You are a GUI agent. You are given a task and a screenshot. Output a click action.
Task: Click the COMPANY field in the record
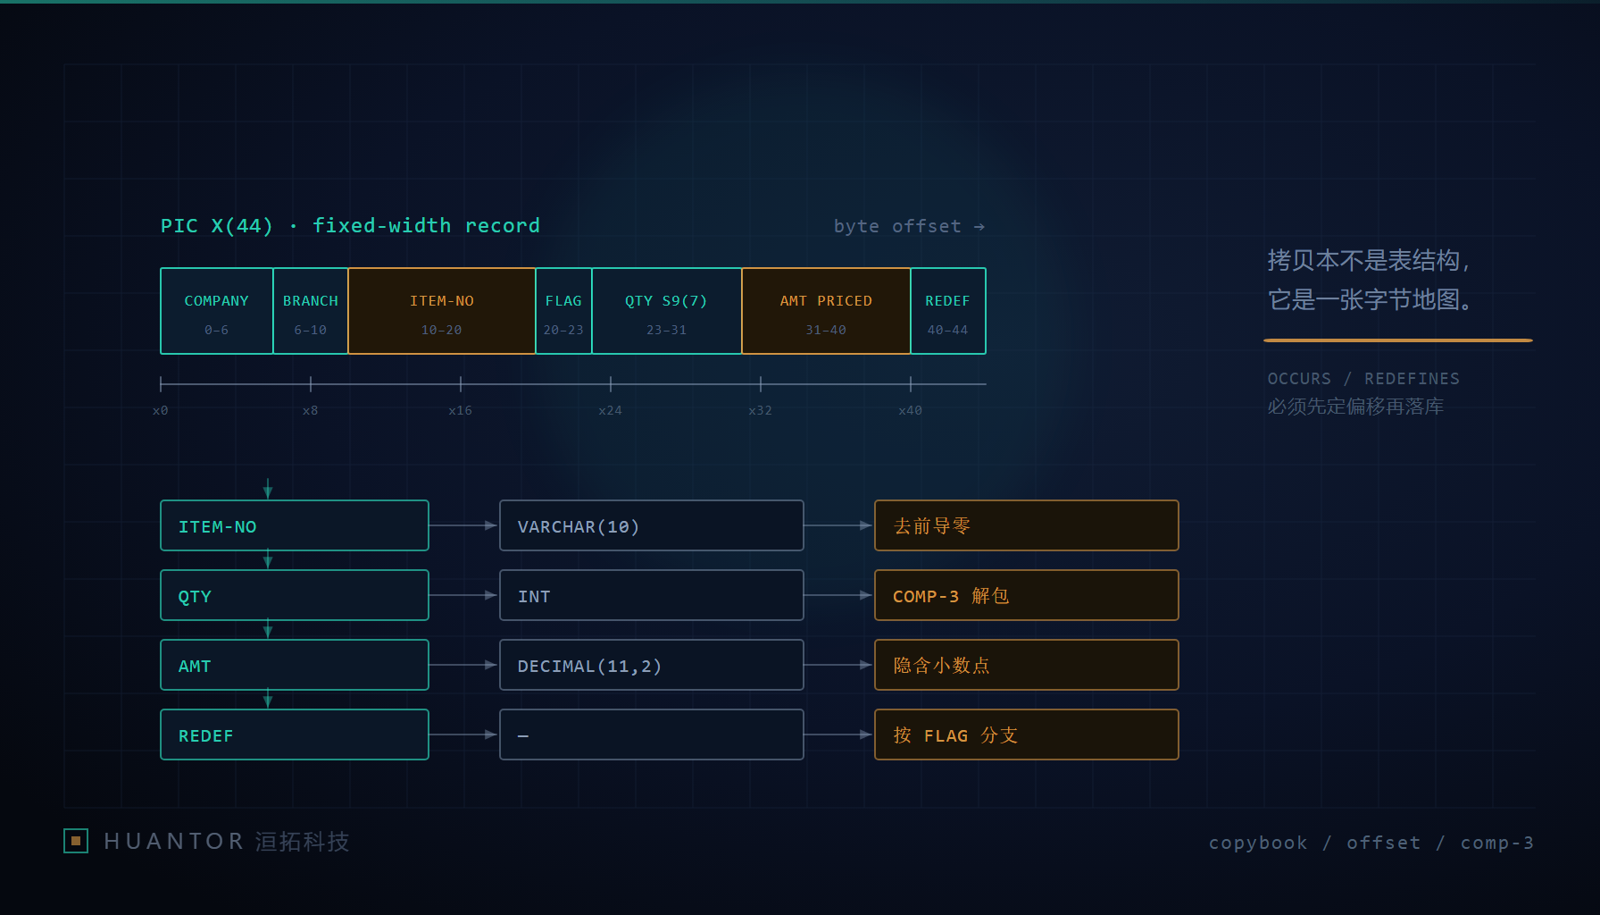(x=217, y=311)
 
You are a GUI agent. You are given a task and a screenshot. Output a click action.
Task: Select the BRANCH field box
(x=311, y=311)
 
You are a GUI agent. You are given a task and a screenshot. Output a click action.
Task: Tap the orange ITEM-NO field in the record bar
(x=442, y=311)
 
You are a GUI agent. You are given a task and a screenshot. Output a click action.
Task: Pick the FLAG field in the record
(x=563, y=311)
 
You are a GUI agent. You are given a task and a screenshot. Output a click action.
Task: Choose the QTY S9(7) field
(x=667, y=311)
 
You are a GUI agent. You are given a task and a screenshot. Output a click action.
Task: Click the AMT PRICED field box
(x=826, y=311)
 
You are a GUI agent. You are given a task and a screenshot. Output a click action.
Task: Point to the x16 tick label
(x=461, y=410)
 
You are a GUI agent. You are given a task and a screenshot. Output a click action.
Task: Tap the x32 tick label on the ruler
(x=761, y=410)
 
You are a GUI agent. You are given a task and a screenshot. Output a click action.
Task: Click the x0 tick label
(x=161, y=410)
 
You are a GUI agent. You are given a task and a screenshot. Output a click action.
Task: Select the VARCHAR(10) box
(x=652, y=525)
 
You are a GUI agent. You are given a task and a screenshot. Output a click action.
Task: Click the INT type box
(x=652, y=595)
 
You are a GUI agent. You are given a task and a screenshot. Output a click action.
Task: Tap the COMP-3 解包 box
(x=1027, y=595)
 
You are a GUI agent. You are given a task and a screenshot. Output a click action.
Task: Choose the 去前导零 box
(x=1027, y=525)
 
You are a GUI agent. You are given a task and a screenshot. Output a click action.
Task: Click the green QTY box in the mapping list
(x=295, y=595)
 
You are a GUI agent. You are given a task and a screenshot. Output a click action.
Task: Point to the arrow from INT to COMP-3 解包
(x=838, y=595)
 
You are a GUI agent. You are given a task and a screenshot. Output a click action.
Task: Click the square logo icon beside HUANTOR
(x=76, y=841)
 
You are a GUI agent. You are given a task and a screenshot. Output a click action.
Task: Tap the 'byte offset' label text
(x=897, y=226)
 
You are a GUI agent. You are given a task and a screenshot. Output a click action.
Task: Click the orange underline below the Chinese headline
(x=1398, y=340)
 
